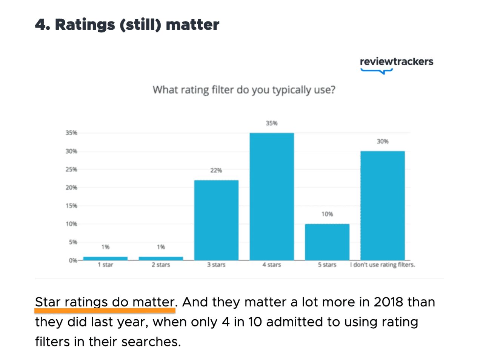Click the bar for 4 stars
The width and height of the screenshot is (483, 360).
(x=272, y=196)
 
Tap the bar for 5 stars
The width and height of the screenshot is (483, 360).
(x=327, y=242)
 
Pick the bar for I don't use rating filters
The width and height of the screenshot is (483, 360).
(x=383, y=205)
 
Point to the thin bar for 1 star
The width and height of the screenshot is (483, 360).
(x=105, y=258)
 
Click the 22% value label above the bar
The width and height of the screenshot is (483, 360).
(x=216, y=170)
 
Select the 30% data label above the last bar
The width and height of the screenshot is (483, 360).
(x=383, y=141)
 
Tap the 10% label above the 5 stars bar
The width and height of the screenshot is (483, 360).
(x=327, y=214)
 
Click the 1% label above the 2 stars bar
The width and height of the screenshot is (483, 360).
(x=161, y=247)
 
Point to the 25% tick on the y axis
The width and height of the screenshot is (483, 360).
(x=71, y=169)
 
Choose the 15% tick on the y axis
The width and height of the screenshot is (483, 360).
(x=71, y=206)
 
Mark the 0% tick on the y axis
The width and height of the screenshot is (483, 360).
(x=73, y=260)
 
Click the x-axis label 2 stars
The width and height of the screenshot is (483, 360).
(x=161, y=265)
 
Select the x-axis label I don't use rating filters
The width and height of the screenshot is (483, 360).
(x=382, y=265)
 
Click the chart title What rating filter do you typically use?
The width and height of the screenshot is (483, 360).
(x=244, y=90)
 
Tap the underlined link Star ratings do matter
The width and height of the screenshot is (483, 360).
(x=105, y=302)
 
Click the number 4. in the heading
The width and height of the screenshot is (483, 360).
(x=43, y=25)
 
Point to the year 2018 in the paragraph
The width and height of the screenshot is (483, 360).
(x=388, y=302)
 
